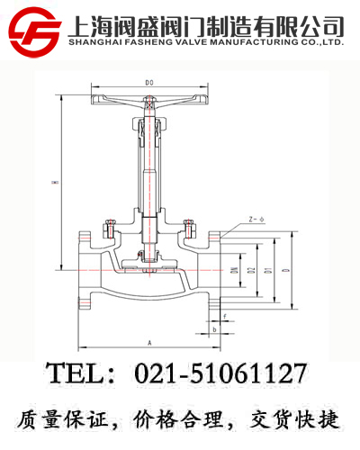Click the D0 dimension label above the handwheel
pos(149,84)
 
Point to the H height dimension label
pos(54,182)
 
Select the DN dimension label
pos(232,270)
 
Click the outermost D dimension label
pos(285,270)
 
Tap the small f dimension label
pos(224,316)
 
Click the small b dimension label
pos(213,329)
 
